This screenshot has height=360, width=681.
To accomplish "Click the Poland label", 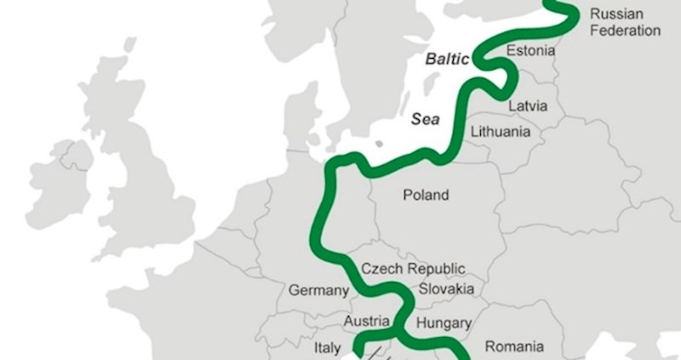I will click(426, 195).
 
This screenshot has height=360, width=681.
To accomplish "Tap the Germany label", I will click(318, 290).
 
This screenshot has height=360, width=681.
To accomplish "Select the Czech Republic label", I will click(413, 268).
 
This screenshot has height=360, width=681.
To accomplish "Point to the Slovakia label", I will click(446, 289).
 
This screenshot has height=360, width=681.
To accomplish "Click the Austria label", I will click(366, 322).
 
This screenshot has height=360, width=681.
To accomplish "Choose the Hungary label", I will click(444, 323).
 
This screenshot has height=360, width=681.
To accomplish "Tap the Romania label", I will click(514, 346).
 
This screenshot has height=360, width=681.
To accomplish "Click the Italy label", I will click(328, 347).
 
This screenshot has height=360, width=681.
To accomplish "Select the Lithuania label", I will click(501, 132).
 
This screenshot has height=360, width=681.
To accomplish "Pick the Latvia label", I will click(529, 106).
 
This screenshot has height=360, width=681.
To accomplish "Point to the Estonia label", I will click(530, 51).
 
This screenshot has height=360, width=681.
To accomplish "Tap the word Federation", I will click(625, 31).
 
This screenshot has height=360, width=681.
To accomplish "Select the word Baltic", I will click(447, 60).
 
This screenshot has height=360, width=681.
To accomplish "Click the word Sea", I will click(426, 120).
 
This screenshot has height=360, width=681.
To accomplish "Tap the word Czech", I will click(381, 268).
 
